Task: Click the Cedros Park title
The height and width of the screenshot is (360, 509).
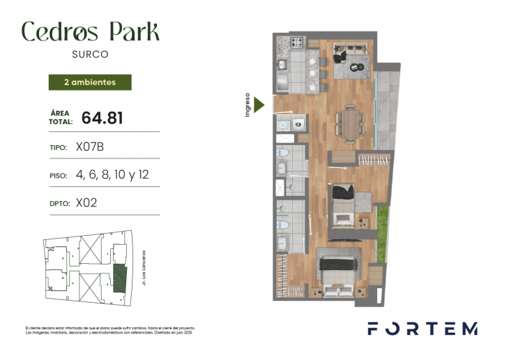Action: coord(90,31)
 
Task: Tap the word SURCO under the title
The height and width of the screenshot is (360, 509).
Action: coord(90,53)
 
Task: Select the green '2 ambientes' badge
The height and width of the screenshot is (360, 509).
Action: coord(89,82)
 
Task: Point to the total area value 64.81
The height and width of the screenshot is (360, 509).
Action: coord(102,118)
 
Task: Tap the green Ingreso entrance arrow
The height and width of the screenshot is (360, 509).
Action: coord(259,105)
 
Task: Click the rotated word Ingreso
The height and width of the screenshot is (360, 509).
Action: coord(248,105)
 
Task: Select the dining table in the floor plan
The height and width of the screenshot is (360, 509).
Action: coord(349,124)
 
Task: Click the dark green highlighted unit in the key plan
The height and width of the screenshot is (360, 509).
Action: coord(120,277)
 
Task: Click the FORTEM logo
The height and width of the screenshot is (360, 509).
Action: coord(423,329)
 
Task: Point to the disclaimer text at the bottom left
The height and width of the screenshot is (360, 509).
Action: coord(109,330)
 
